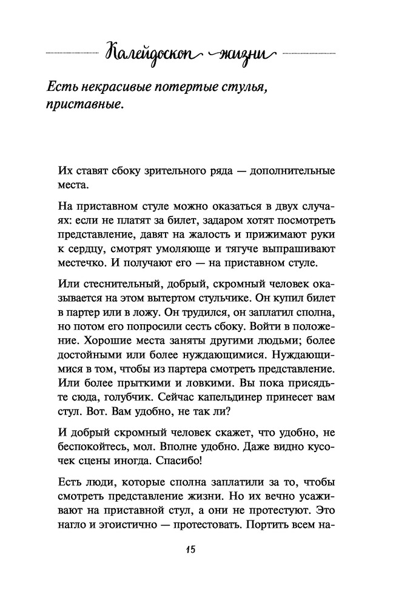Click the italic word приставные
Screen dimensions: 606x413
(83, 107)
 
